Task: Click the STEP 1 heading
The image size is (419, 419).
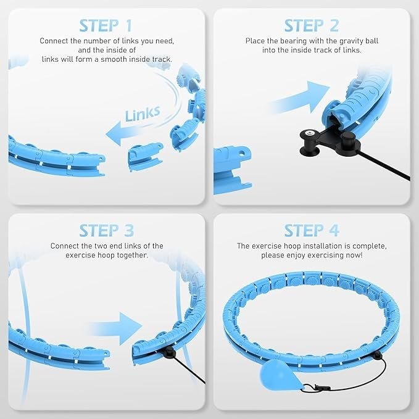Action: (106, 26)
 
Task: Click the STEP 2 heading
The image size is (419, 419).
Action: (312, 26)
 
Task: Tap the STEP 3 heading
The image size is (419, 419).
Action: (106, 231)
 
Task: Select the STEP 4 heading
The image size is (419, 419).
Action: (312, 231)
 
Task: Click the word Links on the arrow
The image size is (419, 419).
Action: (143, 114)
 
